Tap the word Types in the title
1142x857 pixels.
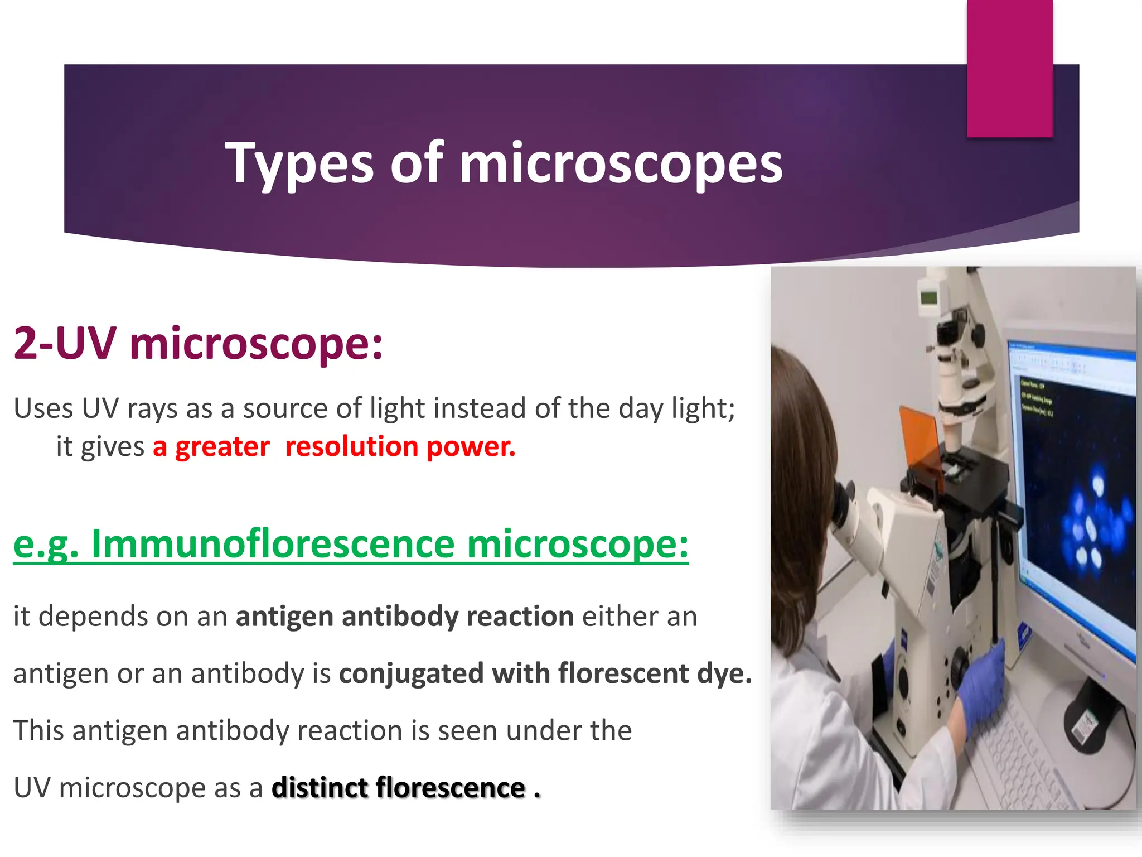(x=299, y=163)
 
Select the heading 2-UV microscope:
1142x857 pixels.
(x=198, y=343)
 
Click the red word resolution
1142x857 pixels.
(x=351, y=446)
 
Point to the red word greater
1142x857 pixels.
(x=222, y=446)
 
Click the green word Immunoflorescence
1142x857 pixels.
(x=273, y=543)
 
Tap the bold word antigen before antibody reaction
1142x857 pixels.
(x=284, y=617)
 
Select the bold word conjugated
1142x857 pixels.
(x=411, y=674)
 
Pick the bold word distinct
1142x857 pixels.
(x=319, y=788)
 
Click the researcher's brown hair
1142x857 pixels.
(x=803, y=446)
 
